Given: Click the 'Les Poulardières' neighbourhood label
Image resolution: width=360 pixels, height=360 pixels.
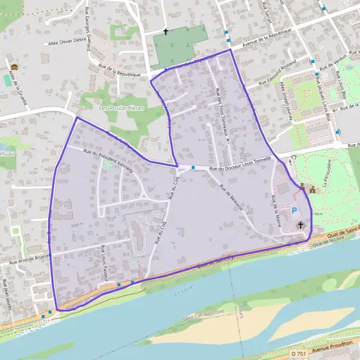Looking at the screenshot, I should coord(121,107).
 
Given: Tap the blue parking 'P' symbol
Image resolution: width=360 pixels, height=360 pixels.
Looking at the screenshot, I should coord(294,211).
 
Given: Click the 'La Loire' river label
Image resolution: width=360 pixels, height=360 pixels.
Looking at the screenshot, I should coord(181,293).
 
